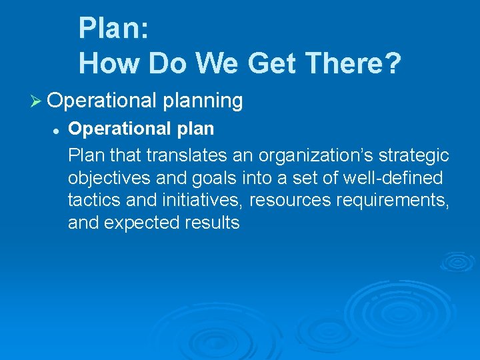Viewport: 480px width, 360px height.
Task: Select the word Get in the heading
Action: coord(270,63)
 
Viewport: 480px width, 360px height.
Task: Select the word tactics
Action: coord(93,200)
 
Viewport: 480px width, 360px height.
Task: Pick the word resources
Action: coord(289,200)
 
